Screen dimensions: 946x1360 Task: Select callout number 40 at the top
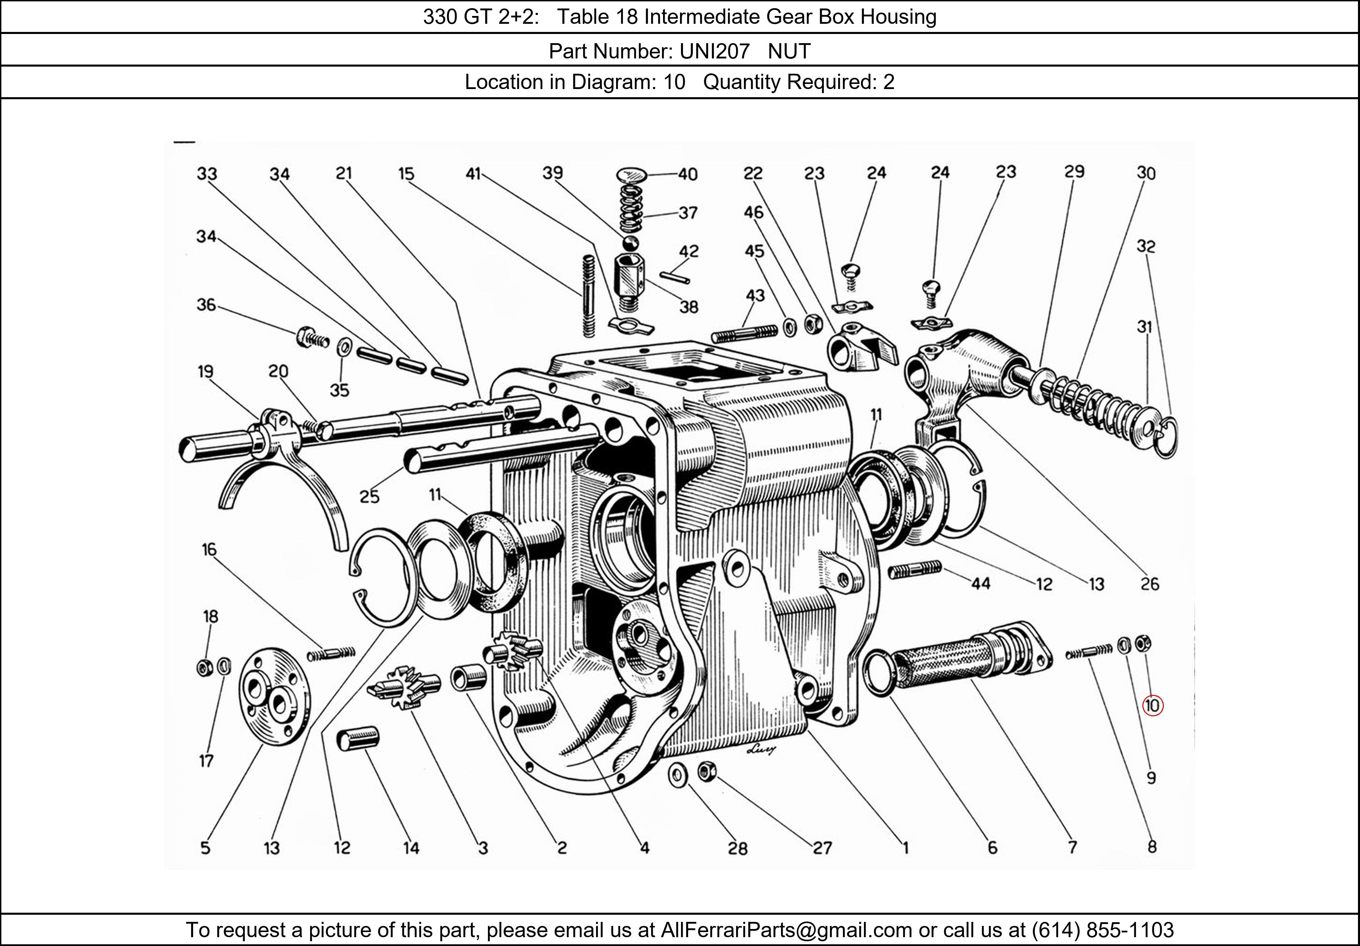point(688,174)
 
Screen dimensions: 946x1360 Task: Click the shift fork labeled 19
point(278,468)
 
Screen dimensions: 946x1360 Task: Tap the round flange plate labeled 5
point(274,697)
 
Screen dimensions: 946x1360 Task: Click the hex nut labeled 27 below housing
point(707,770)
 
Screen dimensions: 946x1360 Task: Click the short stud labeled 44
point(915,570)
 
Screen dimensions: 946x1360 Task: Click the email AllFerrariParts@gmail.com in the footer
point(786,930)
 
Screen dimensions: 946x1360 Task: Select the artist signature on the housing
point(761,750)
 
